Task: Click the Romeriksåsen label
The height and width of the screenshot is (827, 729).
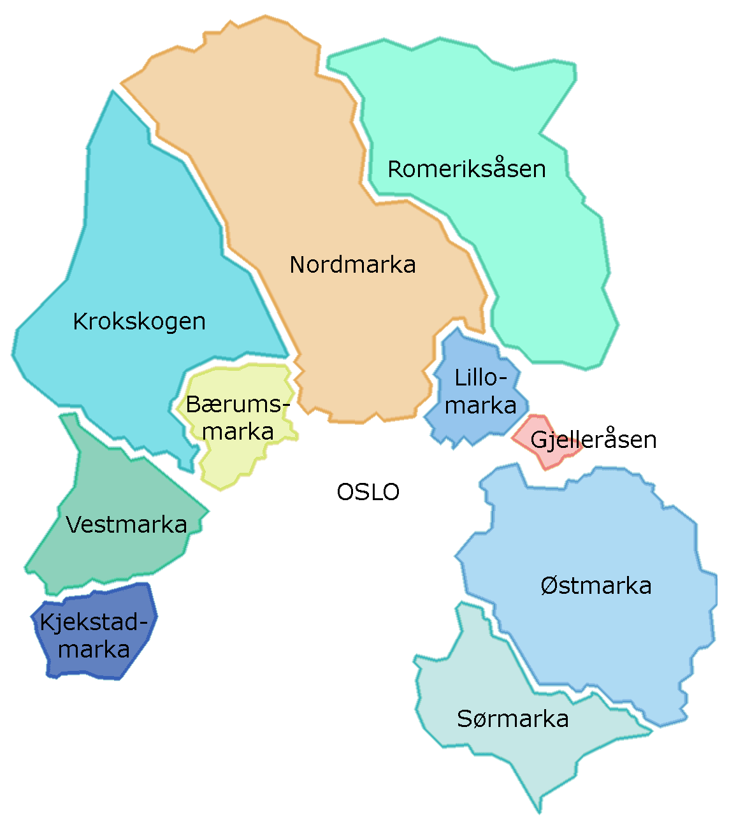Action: (466, 169)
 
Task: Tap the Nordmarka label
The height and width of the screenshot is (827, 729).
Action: (352, 265)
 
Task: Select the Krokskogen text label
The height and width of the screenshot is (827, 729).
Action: (139, 322)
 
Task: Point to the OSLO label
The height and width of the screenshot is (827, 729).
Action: (368, 493)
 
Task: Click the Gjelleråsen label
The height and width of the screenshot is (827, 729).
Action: (593, 440)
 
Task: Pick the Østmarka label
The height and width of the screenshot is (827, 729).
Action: (596, 586)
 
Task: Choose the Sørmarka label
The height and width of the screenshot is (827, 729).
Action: (512, 719)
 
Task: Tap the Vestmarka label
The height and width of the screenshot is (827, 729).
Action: (126, 525)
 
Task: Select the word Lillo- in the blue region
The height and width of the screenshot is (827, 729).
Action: (481, 378)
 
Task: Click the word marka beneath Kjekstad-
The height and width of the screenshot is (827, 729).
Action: (94, 650)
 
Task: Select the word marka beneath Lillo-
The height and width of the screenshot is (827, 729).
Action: (480, 406)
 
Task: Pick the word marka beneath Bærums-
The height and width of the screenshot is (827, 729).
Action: (238, 432)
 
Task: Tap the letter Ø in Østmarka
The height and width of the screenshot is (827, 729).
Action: (549, 586)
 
